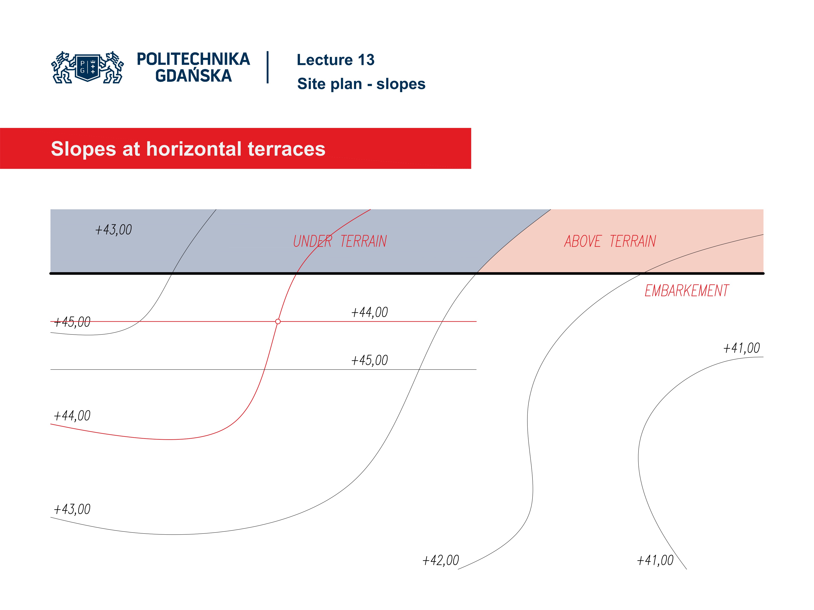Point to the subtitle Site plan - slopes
coord(361,84)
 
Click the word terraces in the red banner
coord(286,149)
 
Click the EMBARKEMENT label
coord(686,291)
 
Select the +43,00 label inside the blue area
coord(113,230)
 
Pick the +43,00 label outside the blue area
coord(72,509)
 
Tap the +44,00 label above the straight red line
coord(369,312)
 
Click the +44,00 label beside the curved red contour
coord(72,416)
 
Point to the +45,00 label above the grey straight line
coord(369,360)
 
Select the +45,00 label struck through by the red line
coord(72,322)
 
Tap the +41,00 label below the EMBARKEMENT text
coord(742,348)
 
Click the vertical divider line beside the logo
coord(268,67)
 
